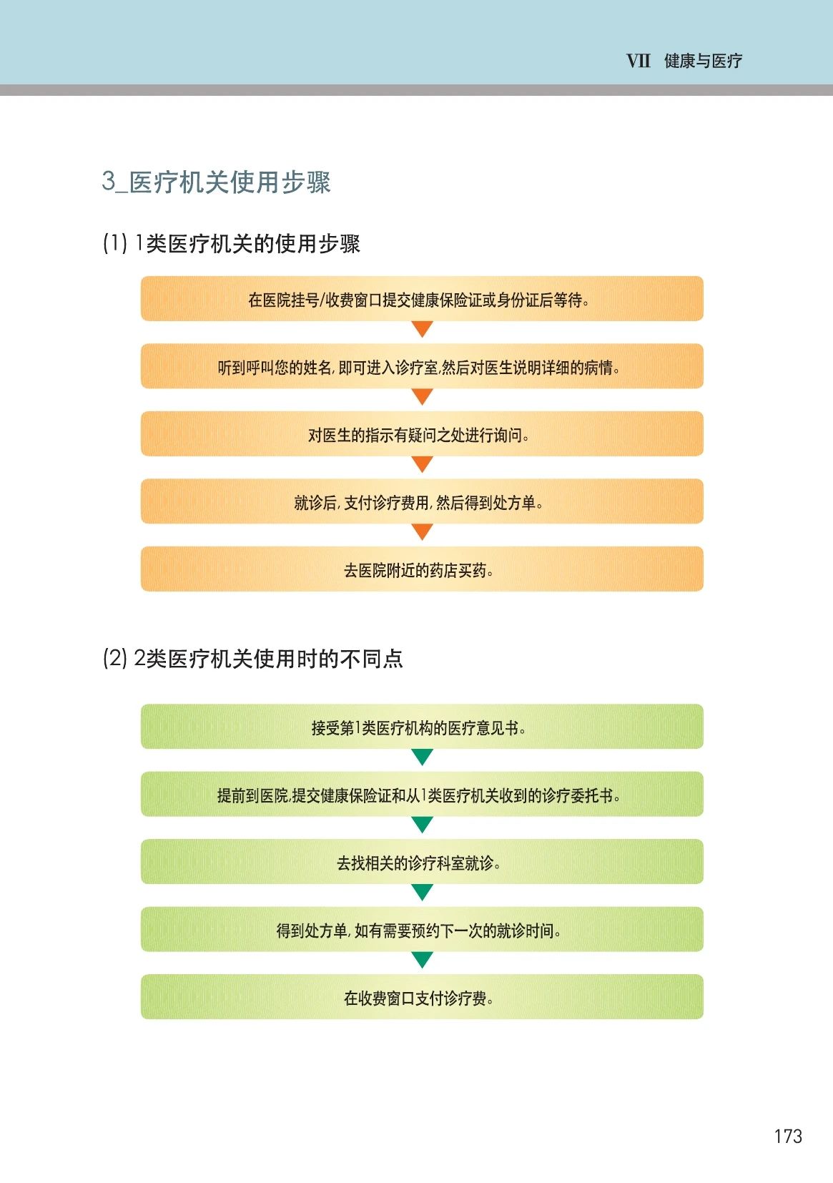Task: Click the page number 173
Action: (787, 1136)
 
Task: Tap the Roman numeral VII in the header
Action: (638, 61)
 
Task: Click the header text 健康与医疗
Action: (703, 61)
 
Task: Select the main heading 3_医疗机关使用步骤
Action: (216, 182)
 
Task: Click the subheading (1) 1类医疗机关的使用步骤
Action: (231, 243)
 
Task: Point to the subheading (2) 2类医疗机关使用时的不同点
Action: (252, 658)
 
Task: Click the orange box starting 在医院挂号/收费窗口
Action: (422, 299)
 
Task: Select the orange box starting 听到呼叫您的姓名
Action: (422, 367)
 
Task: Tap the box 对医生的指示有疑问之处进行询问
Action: (422, 434)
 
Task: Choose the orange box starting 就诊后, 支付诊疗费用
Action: (422, 502)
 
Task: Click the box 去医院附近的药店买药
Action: (422, 569)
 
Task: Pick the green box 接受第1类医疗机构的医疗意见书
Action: (422, 727)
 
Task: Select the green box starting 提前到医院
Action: (422, 795)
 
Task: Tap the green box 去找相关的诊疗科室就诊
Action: (422, 863)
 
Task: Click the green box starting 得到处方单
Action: (422, 930)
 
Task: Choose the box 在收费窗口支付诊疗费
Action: (422, 997)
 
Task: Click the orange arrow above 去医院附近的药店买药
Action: (423, 531)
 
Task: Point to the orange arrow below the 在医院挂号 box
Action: (423, 329)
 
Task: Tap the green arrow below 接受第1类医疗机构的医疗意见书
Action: (423, 757)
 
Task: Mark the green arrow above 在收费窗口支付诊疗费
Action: (423, 959)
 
